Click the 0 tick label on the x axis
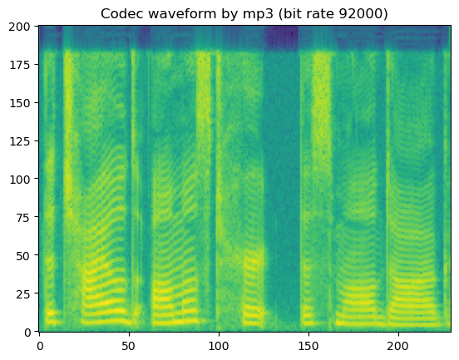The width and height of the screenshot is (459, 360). [x=39, y=345]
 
